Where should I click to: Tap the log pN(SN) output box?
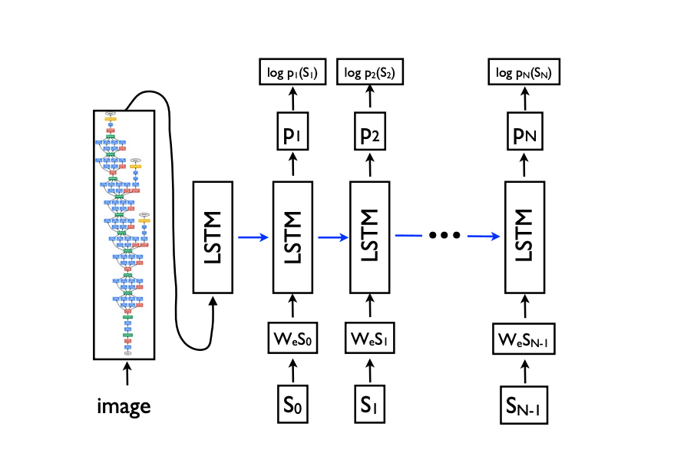click(x=525, y=74)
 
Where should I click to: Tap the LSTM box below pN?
click(x=525, y=237)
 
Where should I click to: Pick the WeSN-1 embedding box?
click(x=525, y=339)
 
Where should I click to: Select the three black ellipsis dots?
click(x=443, y=235)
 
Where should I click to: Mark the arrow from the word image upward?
click(x=124, y=376)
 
